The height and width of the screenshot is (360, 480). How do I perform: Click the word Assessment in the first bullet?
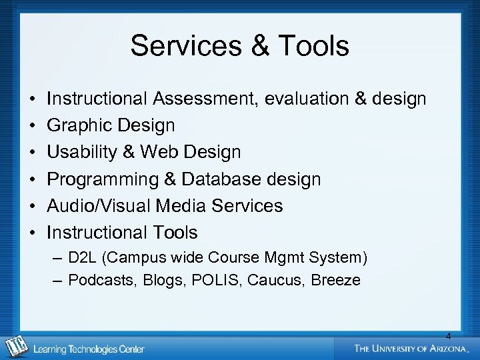(205, 99)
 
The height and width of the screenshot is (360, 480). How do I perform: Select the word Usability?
(83, 153)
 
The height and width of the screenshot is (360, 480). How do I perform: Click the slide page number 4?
(448, 336)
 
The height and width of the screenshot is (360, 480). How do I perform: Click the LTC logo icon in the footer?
(15, 347)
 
